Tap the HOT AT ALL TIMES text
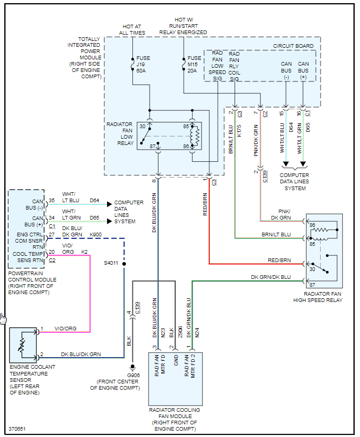tap(133, 29)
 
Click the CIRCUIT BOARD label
tap(293, 46)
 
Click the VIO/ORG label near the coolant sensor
tap(66, 328)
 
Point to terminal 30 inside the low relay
tap(142, 127)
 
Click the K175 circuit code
tap(239, 130)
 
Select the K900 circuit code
tap(96, 234)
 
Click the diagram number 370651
tap(17, 429)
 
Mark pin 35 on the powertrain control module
tap(51, 201)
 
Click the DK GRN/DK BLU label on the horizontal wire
tap(271, 277)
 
